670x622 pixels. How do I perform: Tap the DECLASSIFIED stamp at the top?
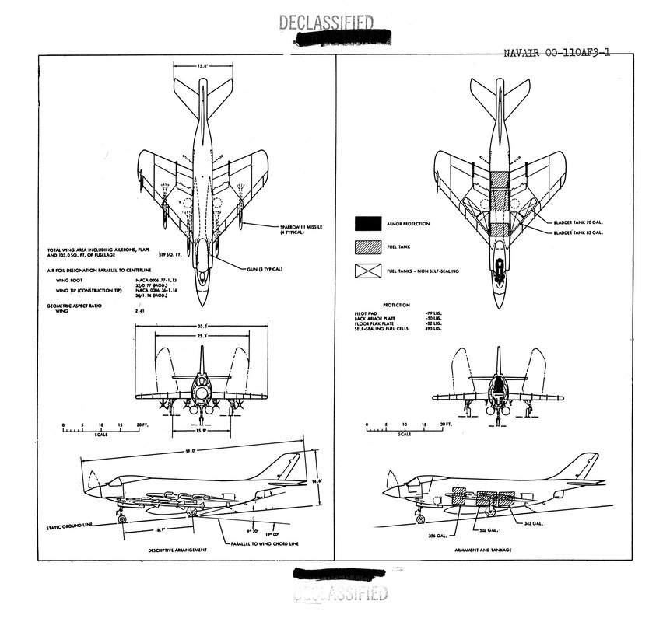[x=325, y=23]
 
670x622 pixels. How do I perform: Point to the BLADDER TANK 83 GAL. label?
[x=579, y=232]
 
